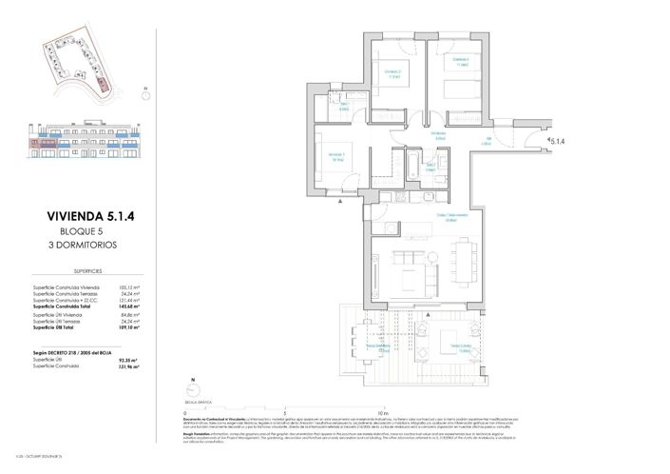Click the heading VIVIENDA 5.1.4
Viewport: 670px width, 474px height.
click(x=90, y=216)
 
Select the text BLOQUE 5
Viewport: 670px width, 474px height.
click(x=90, y=231)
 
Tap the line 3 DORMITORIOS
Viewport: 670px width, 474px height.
click(x=90, y=245)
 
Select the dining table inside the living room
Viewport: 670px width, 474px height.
click(x=463, y=258)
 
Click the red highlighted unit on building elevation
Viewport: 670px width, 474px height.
click(x=44, y=150)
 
